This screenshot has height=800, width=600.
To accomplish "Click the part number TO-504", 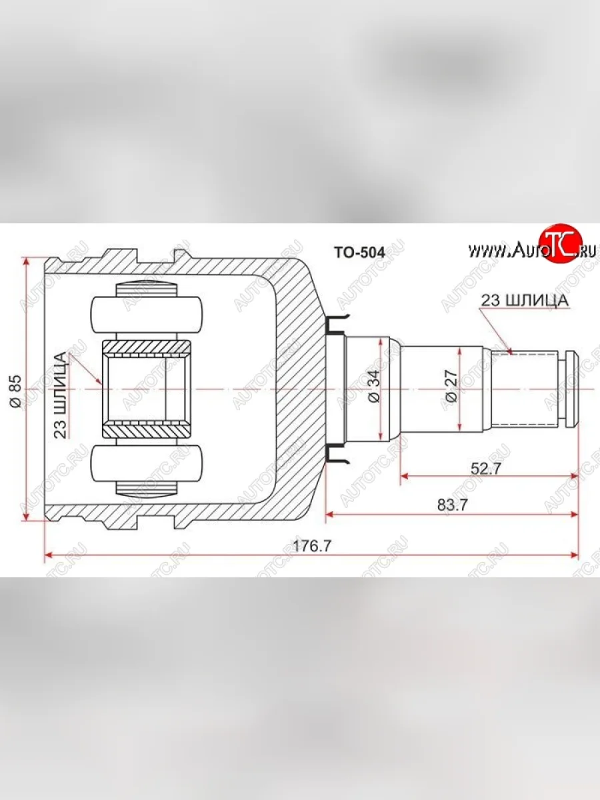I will point(358,252).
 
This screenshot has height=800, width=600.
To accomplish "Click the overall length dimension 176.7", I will point(311,545).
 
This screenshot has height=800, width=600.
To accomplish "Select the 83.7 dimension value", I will point(453,505).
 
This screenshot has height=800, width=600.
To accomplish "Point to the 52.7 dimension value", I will point(486,468).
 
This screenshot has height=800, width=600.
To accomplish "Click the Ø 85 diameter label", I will point(15,391).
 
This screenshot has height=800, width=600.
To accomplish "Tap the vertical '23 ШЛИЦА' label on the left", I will point(61,395).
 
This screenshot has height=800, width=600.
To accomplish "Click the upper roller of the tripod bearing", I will point(147,314).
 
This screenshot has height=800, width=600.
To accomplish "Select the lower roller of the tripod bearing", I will point(147,464).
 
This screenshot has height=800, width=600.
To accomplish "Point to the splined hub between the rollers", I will point(147,389).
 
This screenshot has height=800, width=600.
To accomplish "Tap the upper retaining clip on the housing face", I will point(337,324).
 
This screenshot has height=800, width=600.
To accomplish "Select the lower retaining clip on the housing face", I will point(337,455).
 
